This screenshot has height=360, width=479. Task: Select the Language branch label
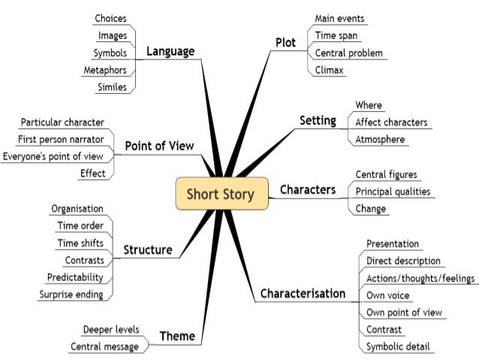pyautogui.click(x=170, y=51)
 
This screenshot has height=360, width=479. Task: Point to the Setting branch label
pyautogui.click(x=317, y=120)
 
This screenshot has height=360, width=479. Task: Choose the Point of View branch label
pyautogui.click(x=159, y=145)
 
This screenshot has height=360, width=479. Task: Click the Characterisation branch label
pyautogui.click(x=303, y=292)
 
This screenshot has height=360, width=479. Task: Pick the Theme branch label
pyautogui.click(x=178, y=336)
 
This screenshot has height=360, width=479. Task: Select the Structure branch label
pyautogui.click(x=147, y=249)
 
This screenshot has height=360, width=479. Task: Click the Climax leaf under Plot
pyautogui.click(x=330, y=70)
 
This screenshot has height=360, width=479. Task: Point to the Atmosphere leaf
pyautogui.click(x=380, y=139)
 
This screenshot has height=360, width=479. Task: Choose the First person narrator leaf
pyautogui.click(x=61, y=138)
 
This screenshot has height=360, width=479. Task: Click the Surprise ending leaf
pyautogui.click(x=71, y=293)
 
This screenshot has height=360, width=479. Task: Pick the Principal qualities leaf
pyautogui.click(x=393, y=191)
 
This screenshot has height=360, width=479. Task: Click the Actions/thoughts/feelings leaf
pyautogui.click(x=420, y=278)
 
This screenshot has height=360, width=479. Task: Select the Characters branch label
pyautogui.click(x=307, y=189)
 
